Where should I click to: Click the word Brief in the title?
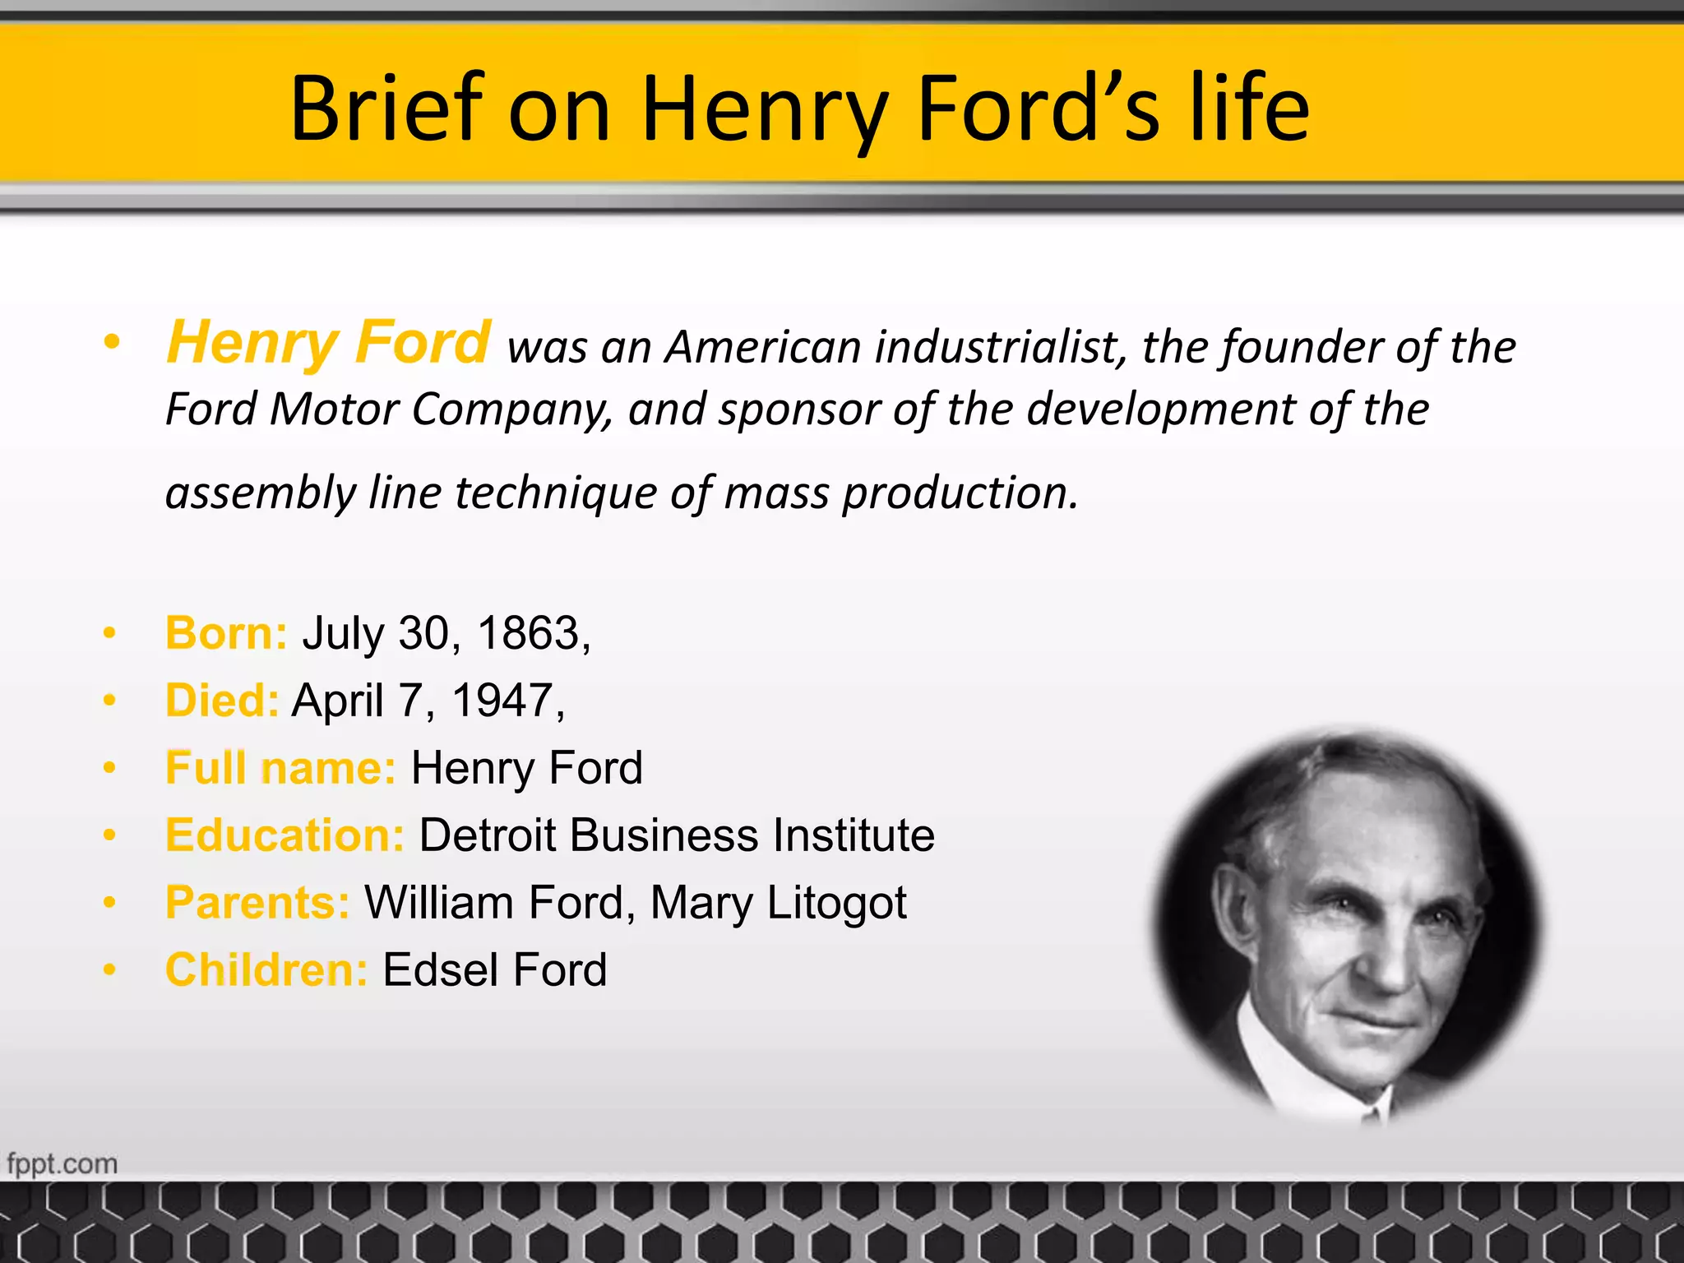point(386,109)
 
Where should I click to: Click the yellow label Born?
point(226,633)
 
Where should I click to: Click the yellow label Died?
point(222,701)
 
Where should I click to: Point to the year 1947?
point(502,701)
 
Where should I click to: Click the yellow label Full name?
point(280,768)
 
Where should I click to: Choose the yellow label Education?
point(285,835)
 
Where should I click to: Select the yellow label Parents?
point(257,903)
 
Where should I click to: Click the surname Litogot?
point(836,903)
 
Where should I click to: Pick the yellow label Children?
point(266,970)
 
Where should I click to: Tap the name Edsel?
point(441,970)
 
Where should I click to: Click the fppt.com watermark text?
point(62,1164)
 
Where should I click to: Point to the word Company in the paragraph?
point(510,409)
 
